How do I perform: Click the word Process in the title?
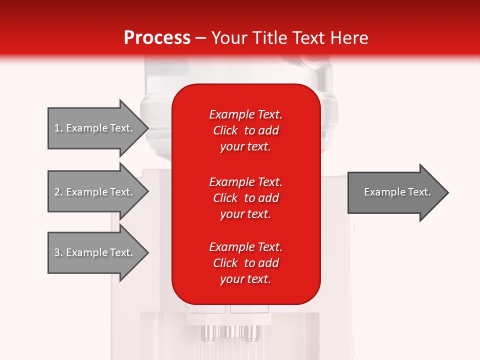[x=157, y=38]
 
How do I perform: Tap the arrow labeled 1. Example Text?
[x=95, y=128]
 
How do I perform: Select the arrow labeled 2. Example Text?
[x=95, y=192]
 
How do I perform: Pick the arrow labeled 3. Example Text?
[x=95, y=252]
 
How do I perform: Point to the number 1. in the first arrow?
[x=58, y=128]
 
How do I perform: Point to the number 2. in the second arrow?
[x=58, y=192]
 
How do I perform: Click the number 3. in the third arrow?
[x=58, y=252]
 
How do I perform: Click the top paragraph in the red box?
[x=245, y=130]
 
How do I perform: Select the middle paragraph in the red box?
[x=245, y=198]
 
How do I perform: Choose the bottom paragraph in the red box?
[x=245, y=263]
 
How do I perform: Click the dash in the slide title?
[x=200, y=38]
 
